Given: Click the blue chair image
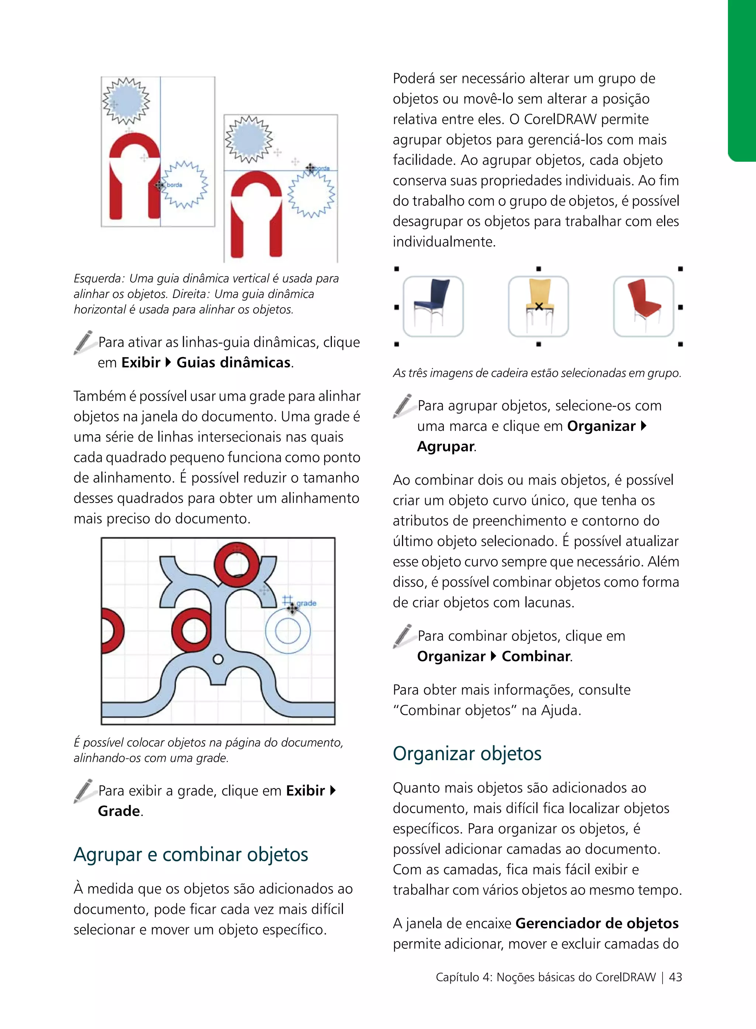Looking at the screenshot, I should [433, 306].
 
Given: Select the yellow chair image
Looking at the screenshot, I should [538, 306].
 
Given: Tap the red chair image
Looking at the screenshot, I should [643, 306].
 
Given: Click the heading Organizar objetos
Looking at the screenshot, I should [467, 754].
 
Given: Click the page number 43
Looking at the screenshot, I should [676, 977].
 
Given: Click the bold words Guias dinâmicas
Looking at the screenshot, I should [233, 363].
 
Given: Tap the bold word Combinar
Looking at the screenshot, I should [536, 656].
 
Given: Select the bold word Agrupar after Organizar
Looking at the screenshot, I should [445, 446].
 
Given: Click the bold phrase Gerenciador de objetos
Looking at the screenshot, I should [597, 923].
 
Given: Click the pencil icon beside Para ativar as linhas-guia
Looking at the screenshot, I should [83, 342].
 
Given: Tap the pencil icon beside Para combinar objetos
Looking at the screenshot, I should [403, 636].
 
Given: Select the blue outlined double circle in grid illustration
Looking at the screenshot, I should [288, 630].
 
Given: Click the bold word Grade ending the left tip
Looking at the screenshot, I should [119, 811].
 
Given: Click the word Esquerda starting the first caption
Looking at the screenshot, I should [99, 278].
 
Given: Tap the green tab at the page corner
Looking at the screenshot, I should [742, 80].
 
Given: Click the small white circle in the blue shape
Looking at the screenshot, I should [218, 659].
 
